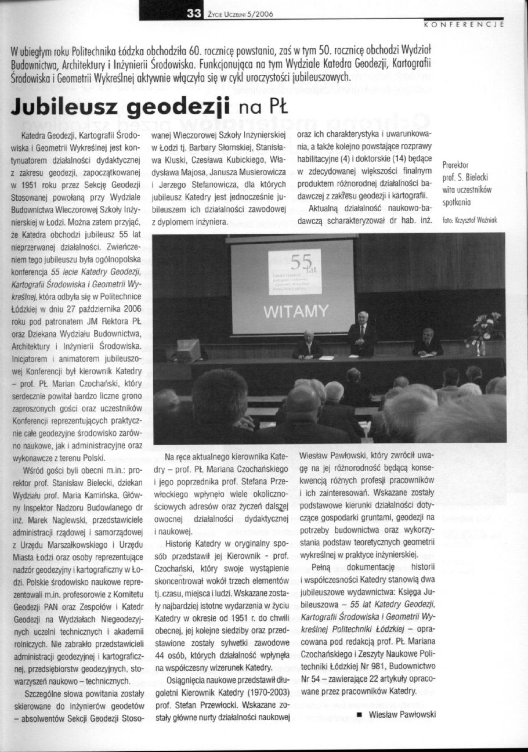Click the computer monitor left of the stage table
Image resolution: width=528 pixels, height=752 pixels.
(x=188, y=350)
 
